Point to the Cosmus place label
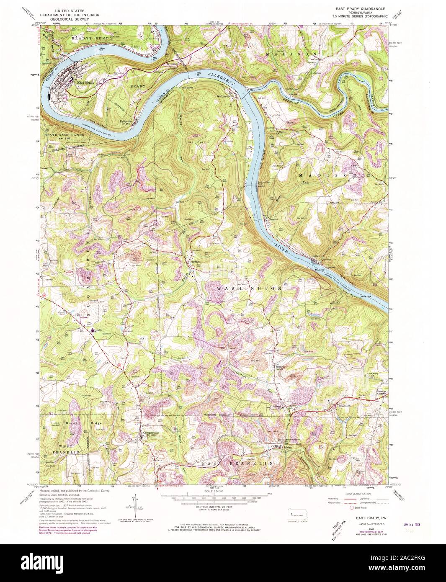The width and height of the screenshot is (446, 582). [x=268, y=219]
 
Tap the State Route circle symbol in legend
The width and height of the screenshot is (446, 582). [x=340, y=508]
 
